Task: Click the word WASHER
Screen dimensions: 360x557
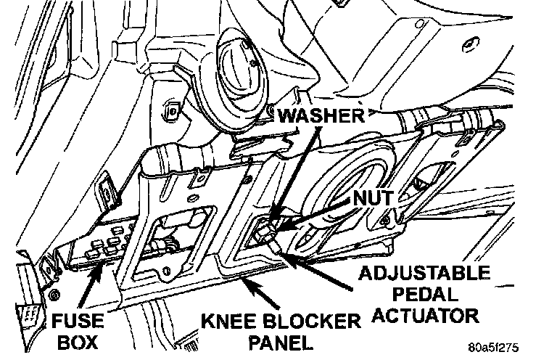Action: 319,117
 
